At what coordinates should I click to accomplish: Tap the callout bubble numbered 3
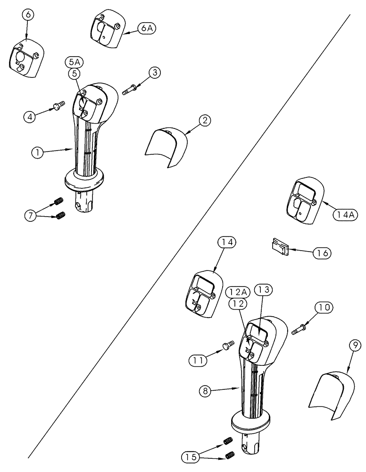click(x=154, y=72)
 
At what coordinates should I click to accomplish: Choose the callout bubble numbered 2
click(x=204, y=121)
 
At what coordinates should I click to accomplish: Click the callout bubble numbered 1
click(x=36, y=152)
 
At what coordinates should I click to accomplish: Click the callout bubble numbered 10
click(x=325, y=308)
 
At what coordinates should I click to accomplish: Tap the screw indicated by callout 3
click(x=129, y=90)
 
